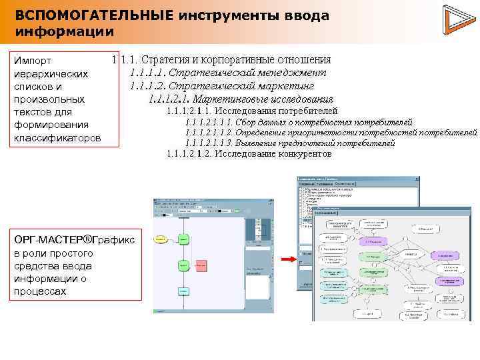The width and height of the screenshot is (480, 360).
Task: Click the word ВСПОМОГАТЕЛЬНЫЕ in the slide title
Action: [94, 15]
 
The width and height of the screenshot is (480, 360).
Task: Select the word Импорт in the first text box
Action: [33, 61]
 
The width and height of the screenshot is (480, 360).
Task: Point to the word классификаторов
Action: [57, 137]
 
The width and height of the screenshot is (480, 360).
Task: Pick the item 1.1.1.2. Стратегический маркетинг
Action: [222, 86]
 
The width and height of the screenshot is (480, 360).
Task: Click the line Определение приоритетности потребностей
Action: [331, 133]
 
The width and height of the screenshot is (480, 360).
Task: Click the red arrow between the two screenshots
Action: [289, 259]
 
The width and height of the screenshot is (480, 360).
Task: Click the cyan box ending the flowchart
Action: [183, 291]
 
